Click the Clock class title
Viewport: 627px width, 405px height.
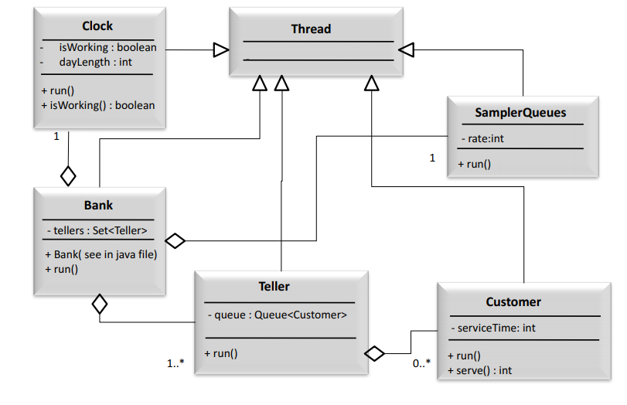pyautogui.click(x=97, y=26)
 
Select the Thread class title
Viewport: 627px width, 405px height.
pyautogui.click(x=311, y=29)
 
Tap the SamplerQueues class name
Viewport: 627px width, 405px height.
pyautogui.click(x=520, y=113)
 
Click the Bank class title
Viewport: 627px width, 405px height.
pyautogui.click(x=98, y=205)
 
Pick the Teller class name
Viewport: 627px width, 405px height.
pyautogui.click(x=274, y=286)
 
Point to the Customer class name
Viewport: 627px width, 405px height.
pyautogui.click(x=513, y=301)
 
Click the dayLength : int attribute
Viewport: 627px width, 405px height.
pyautogui.click(x=95, y=62)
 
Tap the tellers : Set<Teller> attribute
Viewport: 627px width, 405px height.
pyautogui.click(x=96, y=230)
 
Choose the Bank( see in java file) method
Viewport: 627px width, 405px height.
pyautogui.click(x=101, y=254)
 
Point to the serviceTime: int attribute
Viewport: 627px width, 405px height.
pyautogui.click(x=492, y=328)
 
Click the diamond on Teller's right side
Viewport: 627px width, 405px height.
pyautogui.click(x=374, y=353)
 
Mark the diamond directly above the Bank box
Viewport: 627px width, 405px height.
pyautogui.click(x=68, y=175)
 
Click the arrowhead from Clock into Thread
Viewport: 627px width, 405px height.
pyautogui.click(x=221, y=50)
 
